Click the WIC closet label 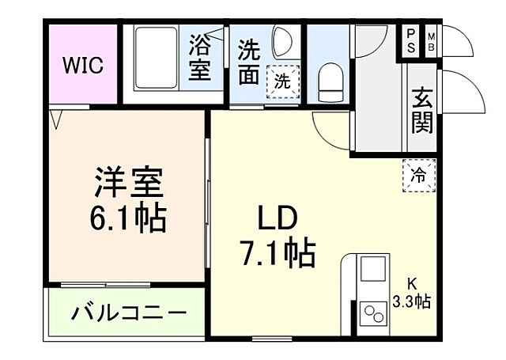pyautogui.click(x=83, y=64)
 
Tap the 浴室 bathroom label pyautogui.click(x=199, y=58)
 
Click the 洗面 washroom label pyautogui.click(x=250, y=62)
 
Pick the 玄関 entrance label pyautogui.click(x=421, y=111)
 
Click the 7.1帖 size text pyautogui.click(x=276, y=253)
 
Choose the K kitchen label pyautogui.click(x=412, y=283)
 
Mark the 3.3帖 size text pyautogui.click(x=412, y=301)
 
